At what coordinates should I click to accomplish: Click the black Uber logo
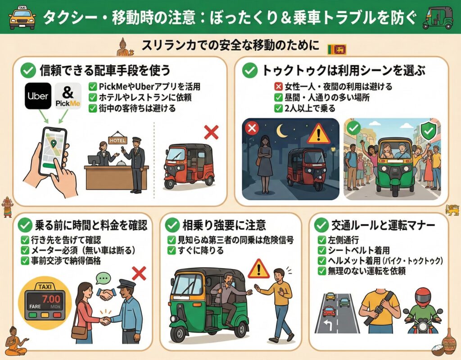pyautogui.click(x=38, y=95)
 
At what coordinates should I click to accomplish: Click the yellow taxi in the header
pyautogui.click(x=22, y=18)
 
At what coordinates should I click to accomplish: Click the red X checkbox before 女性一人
pyautogui.click(x=278, y=86)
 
